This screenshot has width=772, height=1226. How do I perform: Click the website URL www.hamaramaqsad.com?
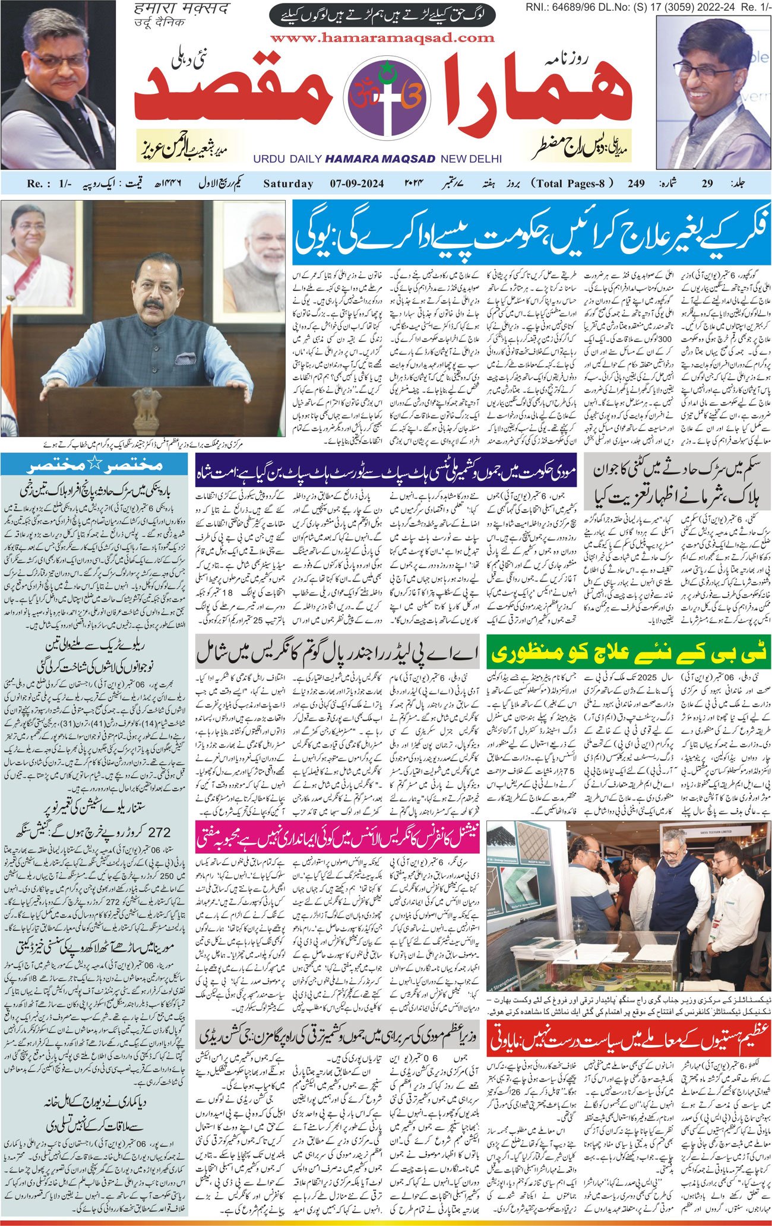tap(382, 38)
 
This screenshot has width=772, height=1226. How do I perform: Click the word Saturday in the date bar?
tap(288, 183)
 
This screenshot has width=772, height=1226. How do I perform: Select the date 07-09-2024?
tap(357, 183)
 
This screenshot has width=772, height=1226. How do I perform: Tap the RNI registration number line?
tap(647, 7)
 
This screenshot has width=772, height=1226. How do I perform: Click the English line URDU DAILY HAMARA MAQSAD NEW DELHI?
tap(377, 159)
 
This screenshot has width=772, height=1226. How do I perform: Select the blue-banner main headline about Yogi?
tap(531, 232)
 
